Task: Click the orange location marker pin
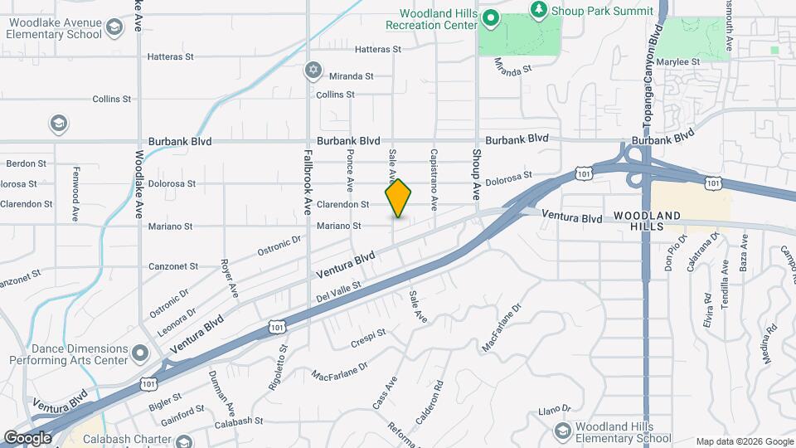click(399, 198)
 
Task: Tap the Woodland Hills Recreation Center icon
click(490, 17)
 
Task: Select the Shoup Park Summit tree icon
click(540, 9)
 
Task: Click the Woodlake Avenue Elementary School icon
click(114, 27)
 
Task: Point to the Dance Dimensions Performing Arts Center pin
click(140, 353)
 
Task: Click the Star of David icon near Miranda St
click(313, 69)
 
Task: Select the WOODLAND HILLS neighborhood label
click(648, 222)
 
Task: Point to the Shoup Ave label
click(477, 174)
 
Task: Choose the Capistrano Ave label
click(433, 178)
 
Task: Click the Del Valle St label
click(338, 291)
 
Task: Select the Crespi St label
click(369, 334)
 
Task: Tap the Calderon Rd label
click(430, 402)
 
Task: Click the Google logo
click(28, 437)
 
